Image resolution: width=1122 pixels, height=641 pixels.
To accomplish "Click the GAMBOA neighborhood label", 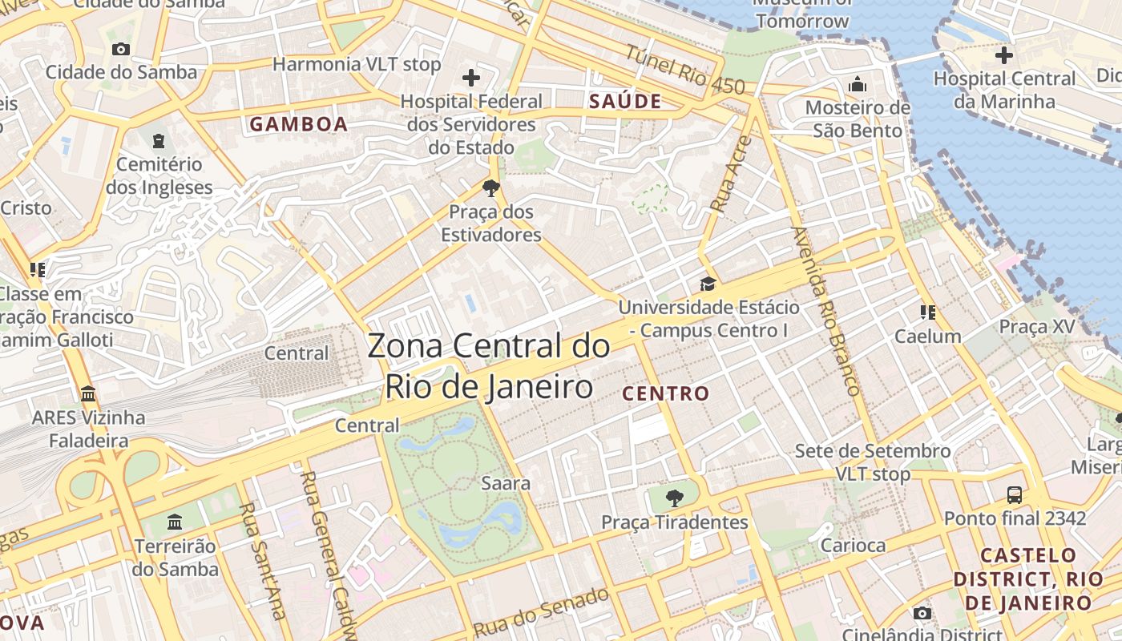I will [298, 124].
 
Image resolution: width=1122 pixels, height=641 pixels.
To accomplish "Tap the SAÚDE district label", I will [625, 101].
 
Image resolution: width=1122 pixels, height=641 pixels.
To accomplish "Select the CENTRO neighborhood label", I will [665, 393].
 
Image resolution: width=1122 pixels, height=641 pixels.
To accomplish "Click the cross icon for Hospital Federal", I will [471, 78].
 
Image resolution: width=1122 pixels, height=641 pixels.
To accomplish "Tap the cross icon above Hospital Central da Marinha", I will [1003, 55].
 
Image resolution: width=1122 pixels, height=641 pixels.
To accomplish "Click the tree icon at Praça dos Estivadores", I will [490, 188].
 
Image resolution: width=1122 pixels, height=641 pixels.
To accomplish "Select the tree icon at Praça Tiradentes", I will [675, 498].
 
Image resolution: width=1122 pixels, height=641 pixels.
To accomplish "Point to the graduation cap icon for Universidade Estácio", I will [708, 284].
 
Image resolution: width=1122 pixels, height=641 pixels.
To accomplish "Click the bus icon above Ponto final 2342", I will [1015, 494].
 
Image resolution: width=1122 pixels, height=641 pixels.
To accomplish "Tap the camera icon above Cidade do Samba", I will [121, 49].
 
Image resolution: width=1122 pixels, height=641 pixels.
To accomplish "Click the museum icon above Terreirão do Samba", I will [175, 523].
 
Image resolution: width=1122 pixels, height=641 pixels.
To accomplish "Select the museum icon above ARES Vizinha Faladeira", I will [88, 394].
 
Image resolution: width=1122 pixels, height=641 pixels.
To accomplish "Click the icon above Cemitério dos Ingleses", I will [159, 141].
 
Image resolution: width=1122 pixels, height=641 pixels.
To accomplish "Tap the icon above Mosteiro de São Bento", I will [858, 84].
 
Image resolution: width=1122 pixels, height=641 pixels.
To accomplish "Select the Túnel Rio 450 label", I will [684, 71].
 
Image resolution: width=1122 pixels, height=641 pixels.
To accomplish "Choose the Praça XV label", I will [1036, 327].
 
